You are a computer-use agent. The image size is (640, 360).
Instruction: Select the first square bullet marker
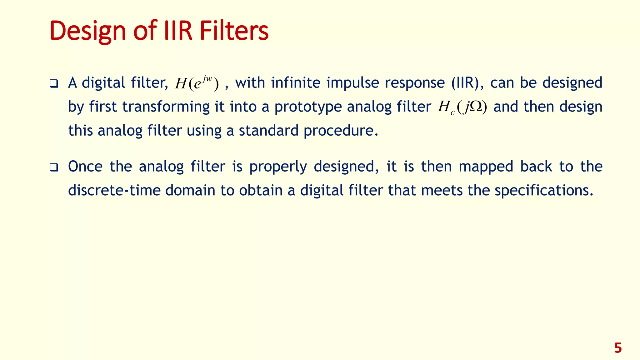tap(54, 84)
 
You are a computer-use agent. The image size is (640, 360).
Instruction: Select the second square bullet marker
tap(54, 167)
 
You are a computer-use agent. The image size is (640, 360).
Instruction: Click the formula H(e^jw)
tap(197, 83)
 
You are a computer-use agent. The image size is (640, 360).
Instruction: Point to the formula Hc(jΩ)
tap(462, 107)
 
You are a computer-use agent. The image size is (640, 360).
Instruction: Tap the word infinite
tap(296, 83)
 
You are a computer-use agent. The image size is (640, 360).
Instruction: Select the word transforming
tap(166, 107)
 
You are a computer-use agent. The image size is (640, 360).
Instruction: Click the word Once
tap(85, 166)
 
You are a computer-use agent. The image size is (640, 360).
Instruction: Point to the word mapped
tap(486, 167)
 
